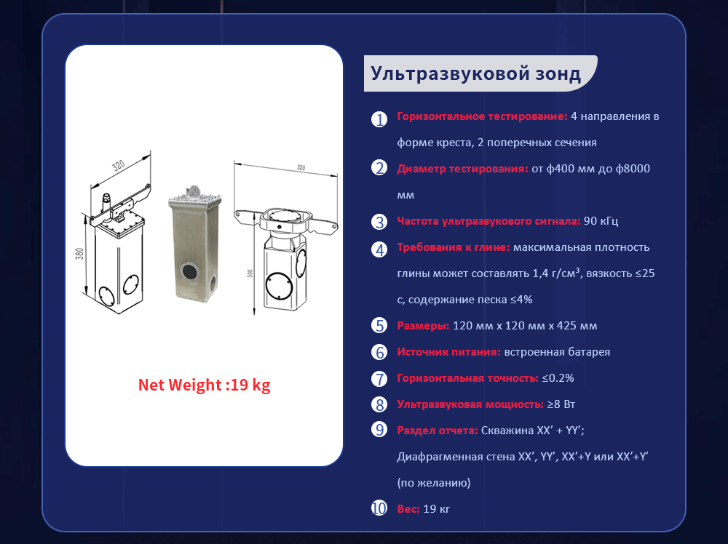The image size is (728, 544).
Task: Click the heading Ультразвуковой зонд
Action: tap(475, 73)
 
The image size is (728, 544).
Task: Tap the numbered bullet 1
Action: tap(379, 119)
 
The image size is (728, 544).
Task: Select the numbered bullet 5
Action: tap(379, 326)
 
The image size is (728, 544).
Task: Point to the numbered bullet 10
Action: tap(379, 508)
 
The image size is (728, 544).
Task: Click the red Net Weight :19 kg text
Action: tap(205, 385)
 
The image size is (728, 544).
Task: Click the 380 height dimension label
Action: tap(80, 254)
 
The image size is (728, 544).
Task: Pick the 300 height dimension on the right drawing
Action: tap(250, 273)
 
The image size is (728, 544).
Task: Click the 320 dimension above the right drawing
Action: tap(301, 167)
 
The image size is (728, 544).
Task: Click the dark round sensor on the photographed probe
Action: tap(189, 271)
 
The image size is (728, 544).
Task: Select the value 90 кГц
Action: tap(601, 221)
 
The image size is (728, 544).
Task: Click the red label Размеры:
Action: tap(423, 326)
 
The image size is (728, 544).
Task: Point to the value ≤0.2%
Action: tap(558, 378)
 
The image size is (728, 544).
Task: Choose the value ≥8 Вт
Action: tap(561, 404)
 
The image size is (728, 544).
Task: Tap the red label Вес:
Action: tap(408, 509)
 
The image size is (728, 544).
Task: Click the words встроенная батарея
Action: tap(557, 352)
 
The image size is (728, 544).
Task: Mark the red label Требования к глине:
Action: tap(453, 247)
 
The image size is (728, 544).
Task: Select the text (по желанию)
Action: tap(434, 483)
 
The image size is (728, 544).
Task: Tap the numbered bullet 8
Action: tap(379, 404)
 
